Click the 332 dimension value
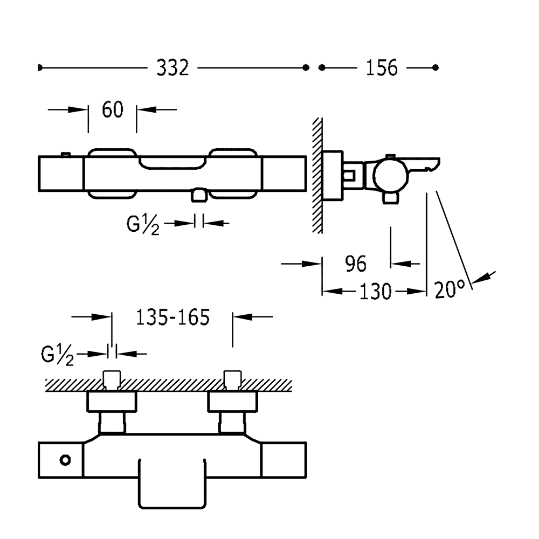172,68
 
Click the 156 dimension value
382,68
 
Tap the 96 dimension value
355,264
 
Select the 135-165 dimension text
172,318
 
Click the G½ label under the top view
143,224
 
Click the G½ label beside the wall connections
57,356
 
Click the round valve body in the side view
390,174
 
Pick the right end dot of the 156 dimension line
436,68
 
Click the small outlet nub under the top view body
199,195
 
